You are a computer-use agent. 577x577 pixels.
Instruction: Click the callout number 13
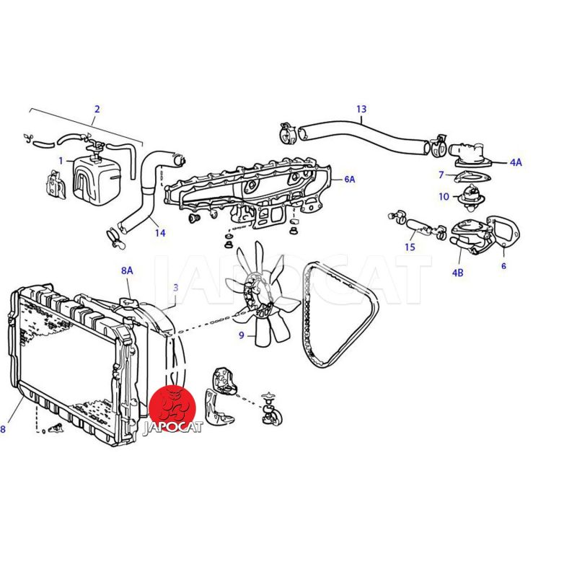point(361,109)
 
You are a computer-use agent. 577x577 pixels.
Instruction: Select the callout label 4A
point(516,162)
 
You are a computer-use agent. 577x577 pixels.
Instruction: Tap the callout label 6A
point(350,179)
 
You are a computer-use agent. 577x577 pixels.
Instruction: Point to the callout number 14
point(159,232)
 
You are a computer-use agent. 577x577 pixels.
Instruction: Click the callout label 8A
point(127,271)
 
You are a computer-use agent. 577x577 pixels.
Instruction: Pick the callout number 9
point(242,335)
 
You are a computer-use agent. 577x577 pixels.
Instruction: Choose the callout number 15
point(410,247)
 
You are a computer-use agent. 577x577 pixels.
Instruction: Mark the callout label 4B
point(457,273)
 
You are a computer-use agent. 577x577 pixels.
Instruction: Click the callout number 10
point(444,196)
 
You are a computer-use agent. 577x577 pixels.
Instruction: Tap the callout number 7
point(441,175)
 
